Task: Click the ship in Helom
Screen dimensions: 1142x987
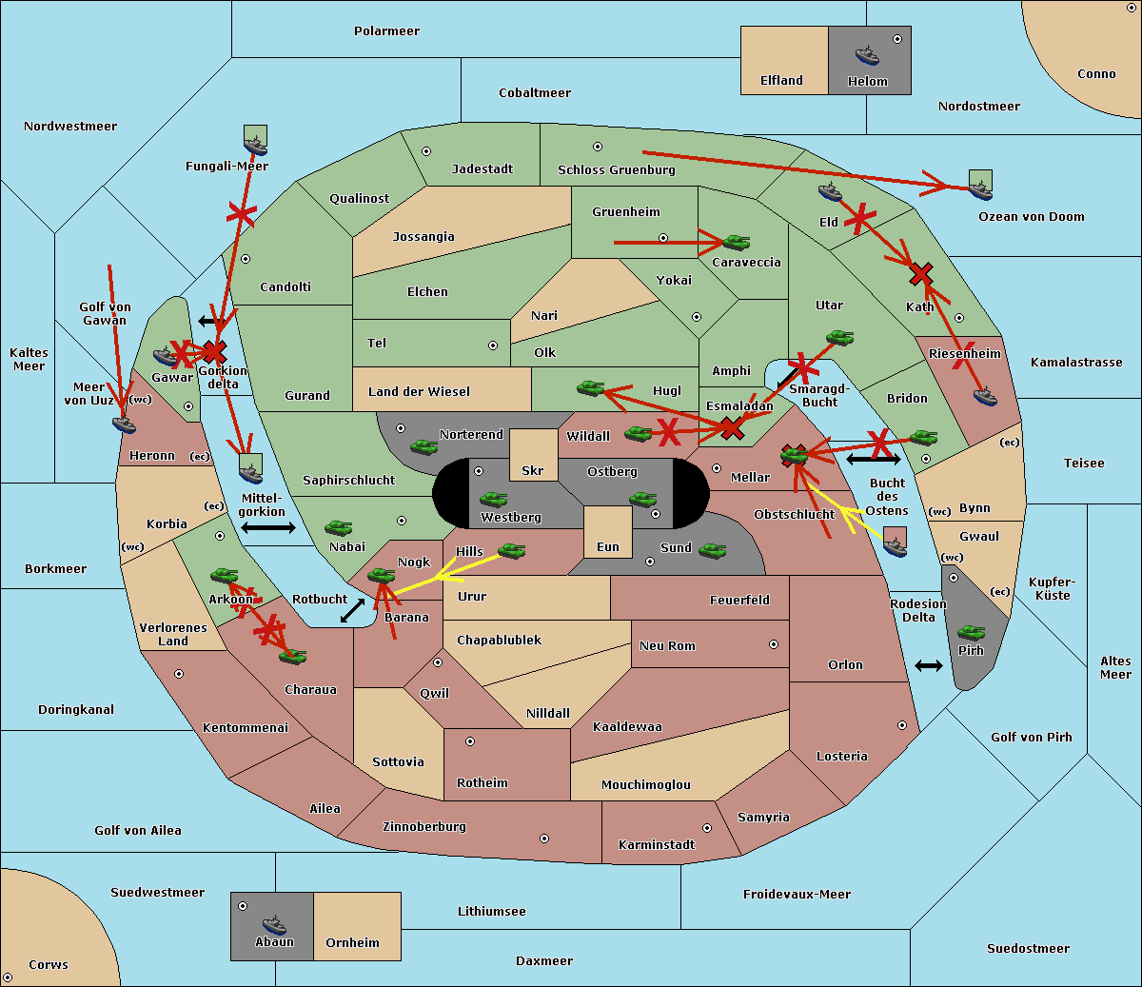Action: (x=867, y=55)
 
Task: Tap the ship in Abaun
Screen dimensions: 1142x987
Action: (x=274, y=924)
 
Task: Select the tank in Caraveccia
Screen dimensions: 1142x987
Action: (x=737, y=242)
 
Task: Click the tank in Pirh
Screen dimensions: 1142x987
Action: (x=971, y=632)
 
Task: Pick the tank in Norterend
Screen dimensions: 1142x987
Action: (x=423, y=446)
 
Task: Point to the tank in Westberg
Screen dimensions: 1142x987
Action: (x=493, y=499)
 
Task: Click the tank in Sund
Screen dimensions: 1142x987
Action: (x=712, y=550)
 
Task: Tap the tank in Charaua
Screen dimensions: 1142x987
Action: (x=292, y=657)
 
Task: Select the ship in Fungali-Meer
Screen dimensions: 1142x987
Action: (x=255, y=145)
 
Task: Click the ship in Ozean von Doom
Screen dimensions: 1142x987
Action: (x=980, y=190)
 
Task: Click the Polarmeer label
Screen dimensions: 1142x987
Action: (x=386, y=31)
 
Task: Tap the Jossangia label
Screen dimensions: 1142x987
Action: (x=423, y=237)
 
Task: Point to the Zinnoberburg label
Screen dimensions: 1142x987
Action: (x=424, y=826)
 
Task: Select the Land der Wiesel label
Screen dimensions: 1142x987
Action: (x=419, y=391)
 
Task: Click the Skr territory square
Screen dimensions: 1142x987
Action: (x=533, y=455)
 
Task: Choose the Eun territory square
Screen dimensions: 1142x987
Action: (x=608, y=532)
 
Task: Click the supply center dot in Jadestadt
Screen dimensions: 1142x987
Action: (x=426, y=151)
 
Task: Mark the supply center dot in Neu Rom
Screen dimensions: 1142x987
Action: (x=774, y=644)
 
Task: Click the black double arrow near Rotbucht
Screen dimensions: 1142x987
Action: (x=352, y=611)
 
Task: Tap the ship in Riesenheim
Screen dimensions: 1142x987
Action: (x=985, y=396)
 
